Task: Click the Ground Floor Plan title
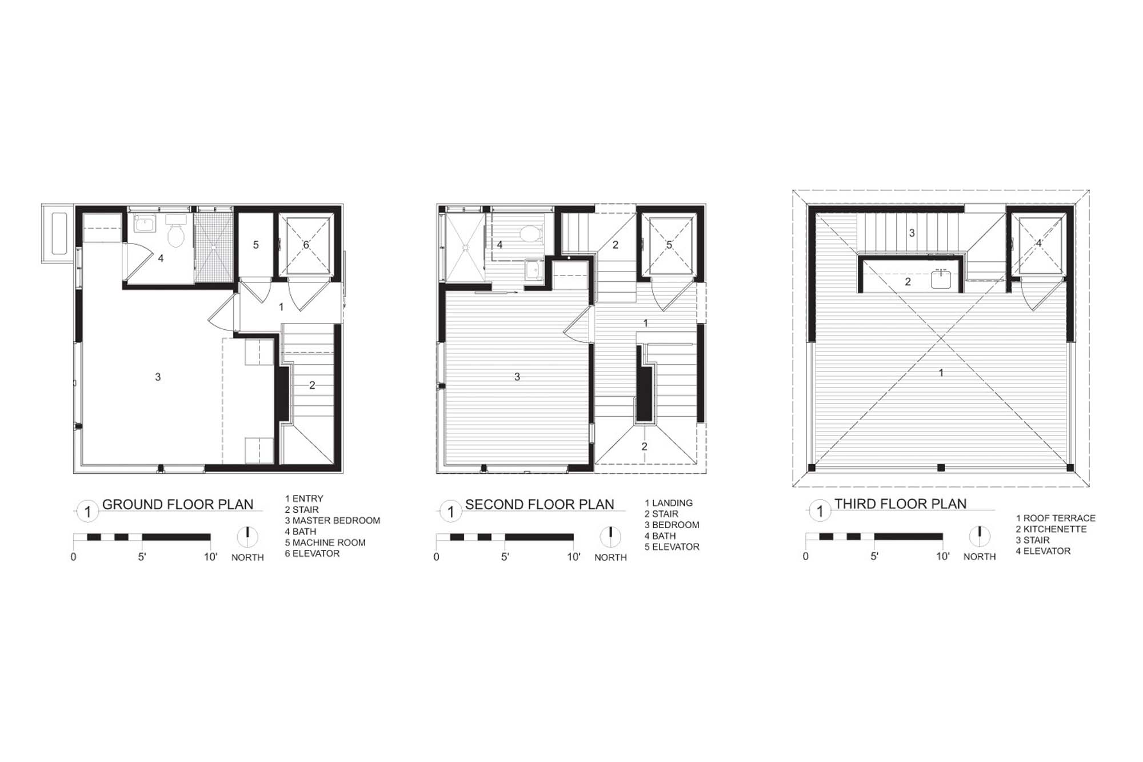[178, 505]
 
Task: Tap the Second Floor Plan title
[539, 505]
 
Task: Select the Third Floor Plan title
[901, 504]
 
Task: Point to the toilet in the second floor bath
[533, 233]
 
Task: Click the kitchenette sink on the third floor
[941, 279]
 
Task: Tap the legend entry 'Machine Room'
[325, 542]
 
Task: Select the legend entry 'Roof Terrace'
[1056, 518]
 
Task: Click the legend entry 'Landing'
[669, 503]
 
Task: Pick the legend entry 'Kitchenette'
[1051, 529]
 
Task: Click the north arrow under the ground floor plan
[247, 537]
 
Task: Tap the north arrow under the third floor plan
[980, 536]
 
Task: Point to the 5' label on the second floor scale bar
[505, 557]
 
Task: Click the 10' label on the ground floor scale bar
[211, 557]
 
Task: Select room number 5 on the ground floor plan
[256, 245]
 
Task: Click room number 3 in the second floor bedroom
[517, 377]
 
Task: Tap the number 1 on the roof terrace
[941, 373]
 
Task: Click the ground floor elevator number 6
[306, 245]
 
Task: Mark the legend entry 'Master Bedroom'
[333, 521]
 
